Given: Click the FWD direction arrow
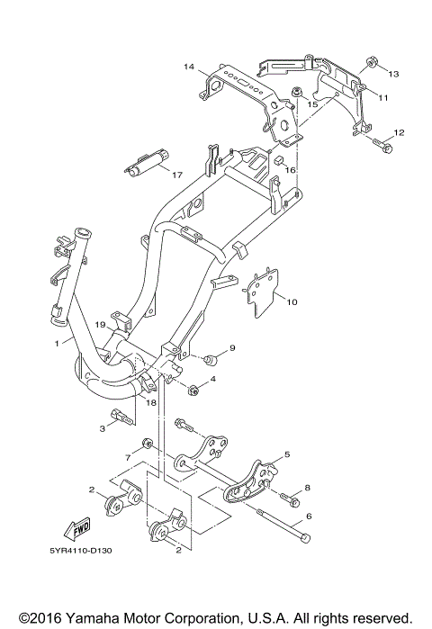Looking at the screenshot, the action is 76,529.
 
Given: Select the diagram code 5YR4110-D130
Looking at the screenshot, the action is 81,551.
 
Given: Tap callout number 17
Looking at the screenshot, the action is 177,175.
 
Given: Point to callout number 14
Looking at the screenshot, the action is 189,67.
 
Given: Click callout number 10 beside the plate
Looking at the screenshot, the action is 292,301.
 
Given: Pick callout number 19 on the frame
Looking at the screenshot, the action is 100,324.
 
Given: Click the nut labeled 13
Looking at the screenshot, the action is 371,63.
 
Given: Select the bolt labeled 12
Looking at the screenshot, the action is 382,145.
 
